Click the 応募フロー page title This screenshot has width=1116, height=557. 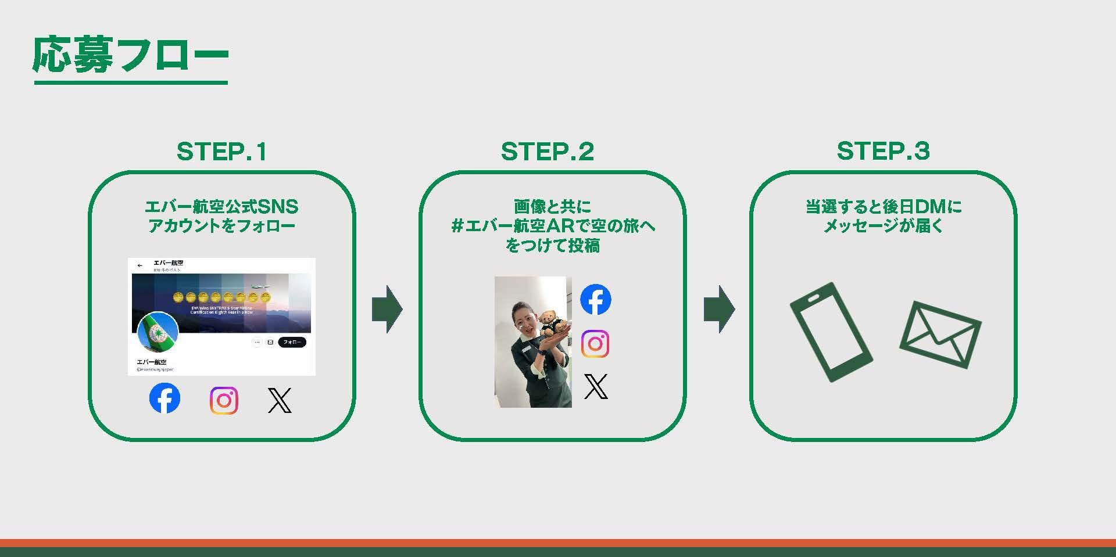click(x=130, y=56)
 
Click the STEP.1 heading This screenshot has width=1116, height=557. click(x=221, y=152)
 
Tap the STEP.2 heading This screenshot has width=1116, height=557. click(x=547, y=152)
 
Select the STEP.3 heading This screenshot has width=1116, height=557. click(x=883, y=151)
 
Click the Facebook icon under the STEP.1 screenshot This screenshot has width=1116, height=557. click(x=164, y=398)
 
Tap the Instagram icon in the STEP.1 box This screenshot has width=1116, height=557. click(x=224, y=400)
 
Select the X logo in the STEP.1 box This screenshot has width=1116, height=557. click(x=280, y=400)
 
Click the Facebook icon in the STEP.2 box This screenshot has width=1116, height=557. click(x=595, y=300)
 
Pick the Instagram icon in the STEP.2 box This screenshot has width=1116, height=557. click(x=595, y=344)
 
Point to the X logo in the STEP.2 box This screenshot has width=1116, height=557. click(x=595, y=386)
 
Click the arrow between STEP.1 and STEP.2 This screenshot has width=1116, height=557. click(x=387, y=308)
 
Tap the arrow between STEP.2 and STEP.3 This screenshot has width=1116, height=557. click(x=719, y=308)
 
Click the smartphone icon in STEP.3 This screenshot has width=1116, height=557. click(x=831, y=332)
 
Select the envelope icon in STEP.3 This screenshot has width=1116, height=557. click(x=940, y=335)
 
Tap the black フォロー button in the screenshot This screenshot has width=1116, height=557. click(x=292, y=342)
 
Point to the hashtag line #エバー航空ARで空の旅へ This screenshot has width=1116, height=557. click(x=553, y=226)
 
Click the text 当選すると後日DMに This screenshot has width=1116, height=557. click(x=883, y=206)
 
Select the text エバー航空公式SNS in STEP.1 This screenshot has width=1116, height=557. click(x=221, y=206)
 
